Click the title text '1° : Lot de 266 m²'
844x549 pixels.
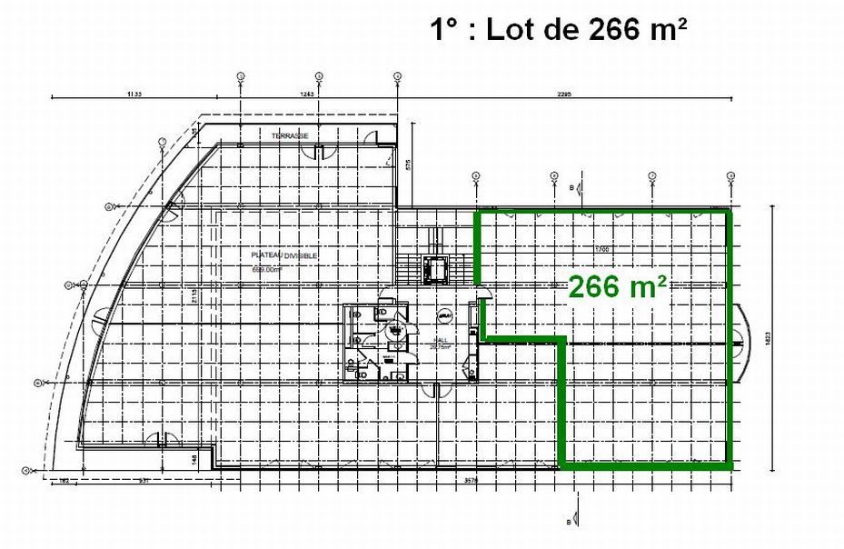559,30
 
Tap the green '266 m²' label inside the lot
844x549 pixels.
619,286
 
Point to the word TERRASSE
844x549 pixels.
290,135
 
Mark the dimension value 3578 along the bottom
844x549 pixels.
470,479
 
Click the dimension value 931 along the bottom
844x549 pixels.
144,479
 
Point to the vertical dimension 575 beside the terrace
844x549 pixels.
409,165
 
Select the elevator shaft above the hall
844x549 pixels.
435,268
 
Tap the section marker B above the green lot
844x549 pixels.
571,187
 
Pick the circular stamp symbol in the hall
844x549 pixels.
445,315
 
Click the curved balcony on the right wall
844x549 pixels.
743,341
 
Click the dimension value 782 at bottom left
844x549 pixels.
65,479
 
